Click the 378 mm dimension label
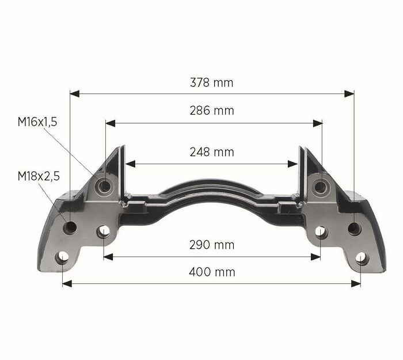click(x=211, y=83)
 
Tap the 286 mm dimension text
click(x=212, y=111)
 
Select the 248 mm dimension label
click(x=212, y=152)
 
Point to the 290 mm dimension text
click(x=212, y=245)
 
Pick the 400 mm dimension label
click(x=212, y=272)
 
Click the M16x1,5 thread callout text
click(x=37, y=122)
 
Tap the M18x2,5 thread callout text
click(x=39, y=176)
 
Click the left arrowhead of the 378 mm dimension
click(x=74, y=94)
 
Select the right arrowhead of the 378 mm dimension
click(x=349, y=94)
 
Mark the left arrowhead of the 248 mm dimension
click(x=130, y=164)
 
